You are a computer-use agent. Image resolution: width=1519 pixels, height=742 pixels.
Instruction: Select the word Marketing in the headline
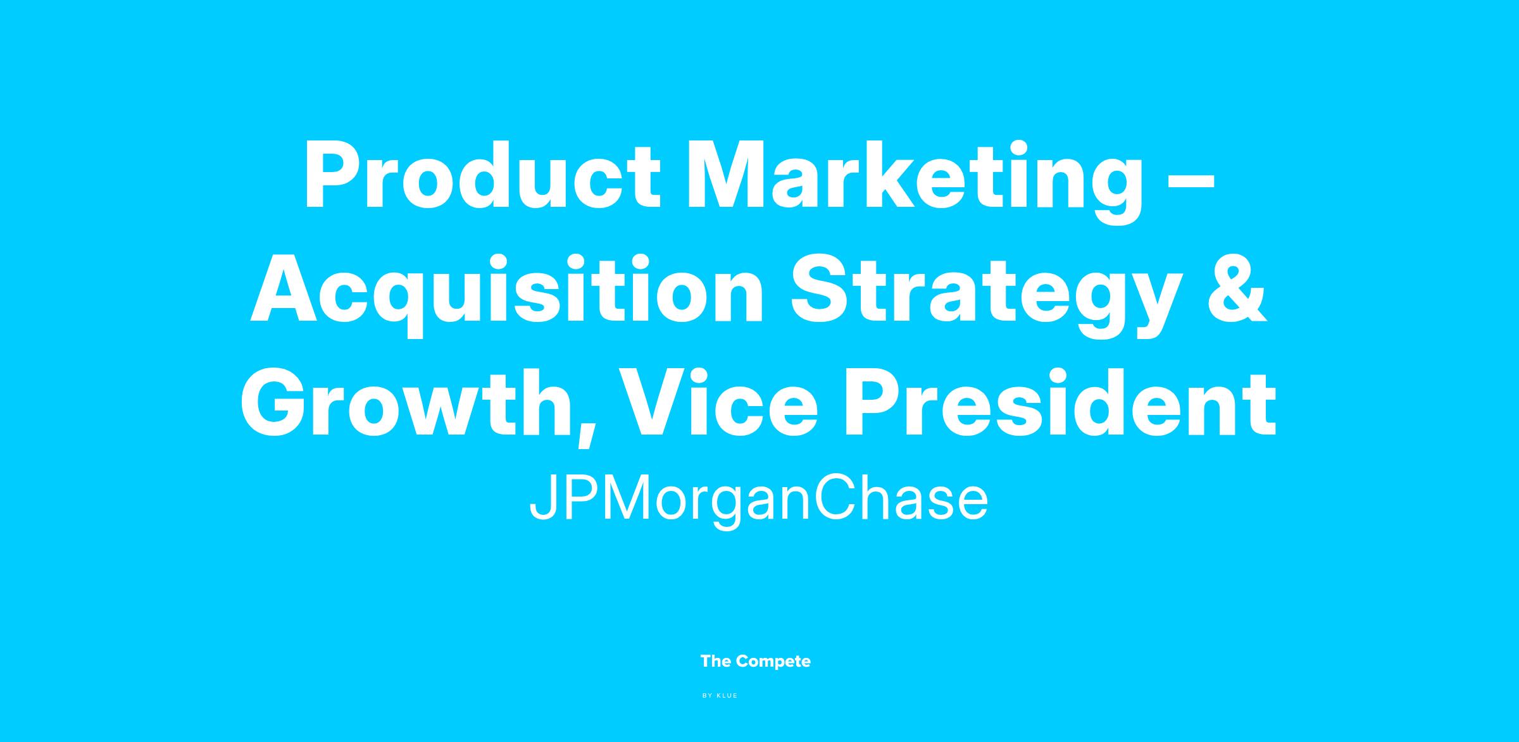[915, 183]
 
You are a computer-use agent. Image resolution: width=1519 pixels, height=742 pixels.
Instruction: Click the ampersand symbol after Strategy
[1238, 288]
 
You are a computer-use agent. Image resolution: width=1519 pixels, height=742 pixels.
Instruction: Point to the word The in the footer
[716, 662]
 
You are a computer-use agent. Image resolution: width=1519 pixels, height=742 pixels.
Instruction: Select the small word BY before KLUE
[708, 696]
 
